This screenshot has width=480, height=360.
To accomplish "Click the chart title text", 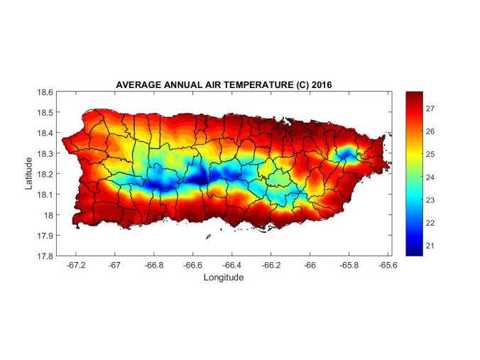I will pos(224,84).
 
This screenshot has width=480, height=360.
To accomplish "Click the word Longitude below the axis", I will pos(224,278).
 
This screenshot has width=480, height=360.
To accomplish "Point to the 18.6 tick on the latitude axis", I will pos(44,92).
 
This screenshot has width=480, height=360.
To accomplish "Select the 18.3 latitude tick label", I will pos(44,153).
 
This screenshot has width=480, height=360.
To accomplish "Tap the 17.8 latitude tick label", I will pos(44,256).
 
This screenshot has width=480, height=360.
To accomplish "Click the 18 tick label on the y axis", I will pos(48,214).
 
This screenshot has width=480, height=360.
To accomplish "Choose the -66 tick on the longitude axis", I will pos(310,265).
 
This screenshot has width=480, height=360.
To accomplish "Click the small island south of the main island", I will pos(208,237).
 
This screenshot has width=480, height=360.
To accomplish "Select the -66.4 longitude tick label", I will pos(231,265).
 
